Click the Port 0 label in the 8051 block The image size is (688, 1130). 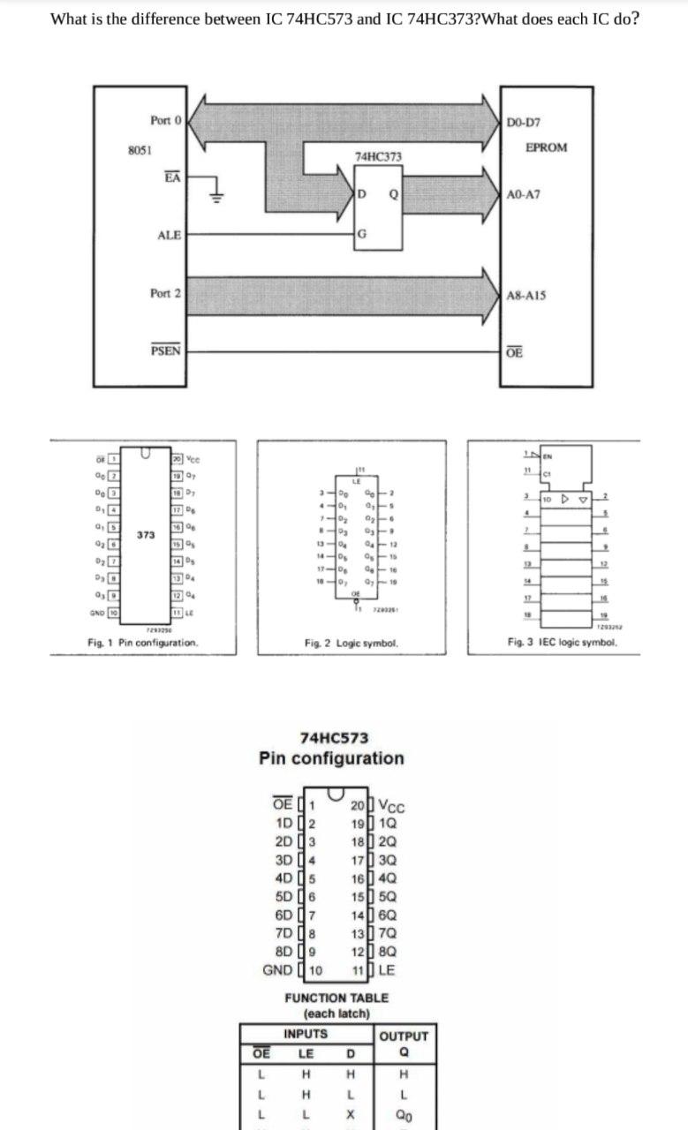pos(165,120)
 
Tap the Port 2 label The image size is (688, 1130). pos(165,293)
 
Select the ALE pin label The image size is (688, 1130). pos(169,235)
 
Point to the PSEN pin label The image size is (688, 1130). pos(166,350)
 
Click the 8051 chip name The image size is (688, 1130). pos(137,150)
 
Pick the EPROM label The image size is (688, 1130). pos(546,147)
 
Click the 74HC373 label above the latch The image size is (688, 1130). pos(378,156)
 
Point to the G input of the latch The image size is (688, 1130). pos(360,234)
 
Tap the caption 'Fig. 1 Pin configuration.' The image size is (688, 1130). pos(142,643)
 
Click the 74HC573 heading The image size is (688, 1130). pos(335,738)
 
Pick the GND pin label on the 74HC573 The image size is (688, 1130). pos(280,969)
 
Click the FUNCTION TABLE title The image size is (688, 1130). pos(336,998)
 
